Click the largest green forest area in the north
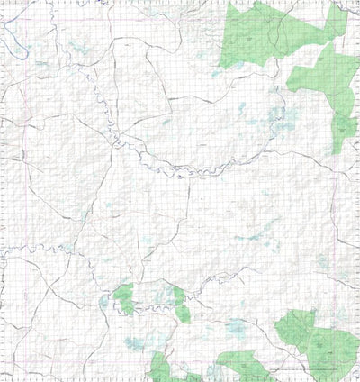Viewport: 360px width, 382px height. point(265,36)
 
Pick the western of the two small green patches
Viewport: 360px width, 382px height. point(123,297)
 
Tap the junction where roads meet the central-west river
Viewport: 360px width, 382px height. point(113,137)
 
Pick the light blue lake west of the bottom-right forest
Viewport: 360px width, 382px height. point(237,327)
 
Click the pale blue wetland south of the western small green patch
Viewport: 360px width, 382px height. point(135,342)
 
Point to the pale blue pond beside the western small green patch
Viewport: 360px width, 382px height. point(104,303)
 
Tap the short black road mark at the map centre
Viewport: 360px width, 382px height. point(179,177)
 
